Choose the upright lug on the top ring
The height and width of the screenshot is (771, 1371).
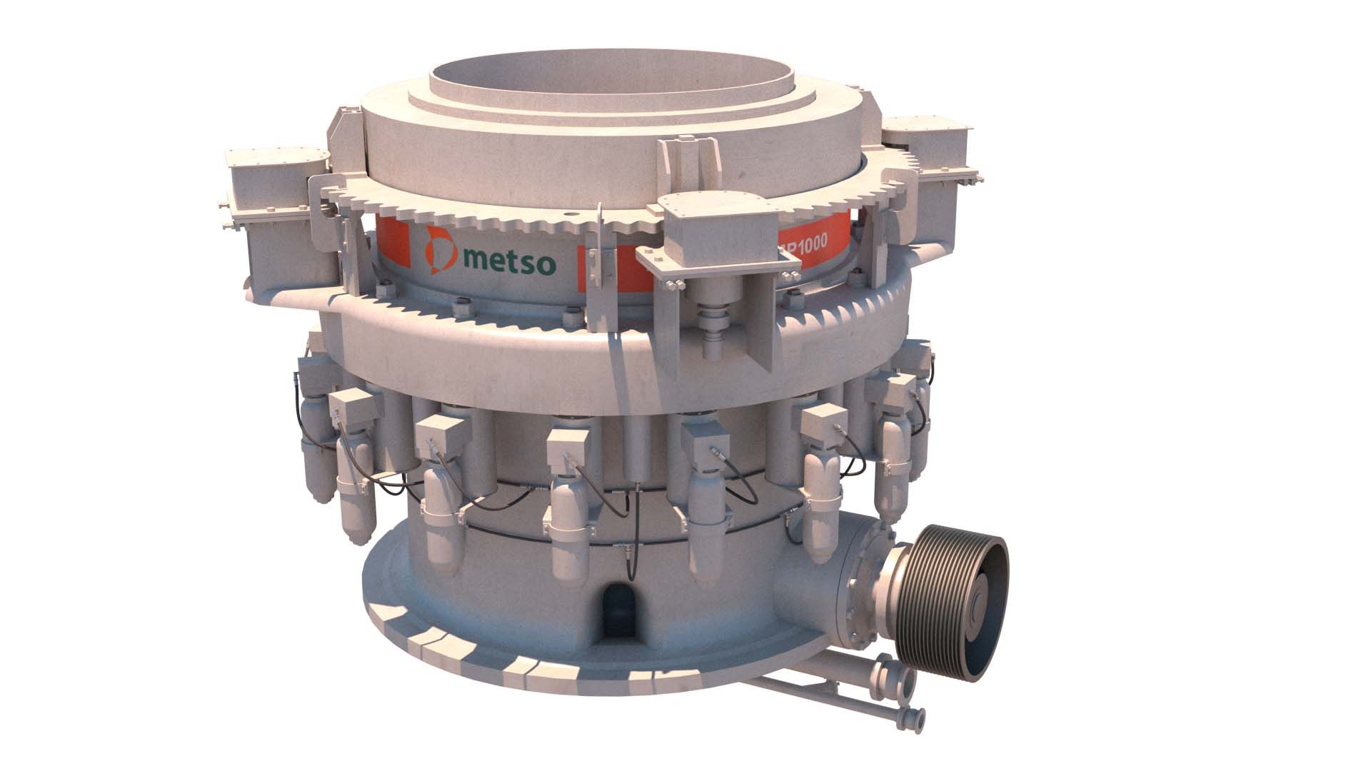pos(686,161)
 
